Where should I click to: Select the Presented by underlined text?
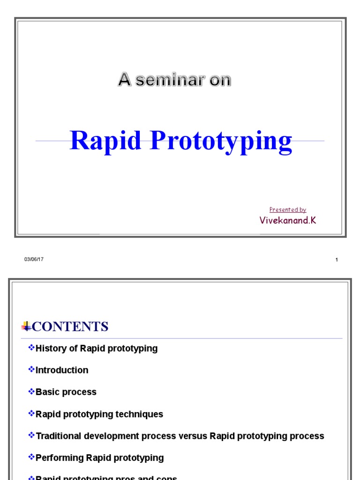point(288,210)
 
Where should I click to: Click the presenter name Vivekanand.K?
point(288,220)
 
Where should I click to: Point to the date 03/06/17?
point(34,260)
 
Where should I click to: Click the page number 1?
point(337,260)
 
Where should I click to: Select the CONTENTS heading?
point(70,327)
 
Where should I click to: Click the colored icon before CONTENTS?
point(26,326)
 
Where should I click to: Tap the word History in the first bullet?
point(51,348)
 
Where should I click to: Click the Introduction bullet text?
point(62,370)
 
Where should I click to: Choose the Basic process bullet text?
point(66,392)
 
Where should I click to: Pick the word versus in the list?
point(193,436)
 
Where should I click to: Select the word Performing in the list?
point(60,458)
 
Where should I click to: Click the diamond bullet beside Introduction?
point(31,369)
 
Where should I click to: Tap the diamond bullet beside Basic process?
point(31,391)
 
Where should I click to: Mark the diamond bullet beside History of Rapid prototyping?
point(31,347)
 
